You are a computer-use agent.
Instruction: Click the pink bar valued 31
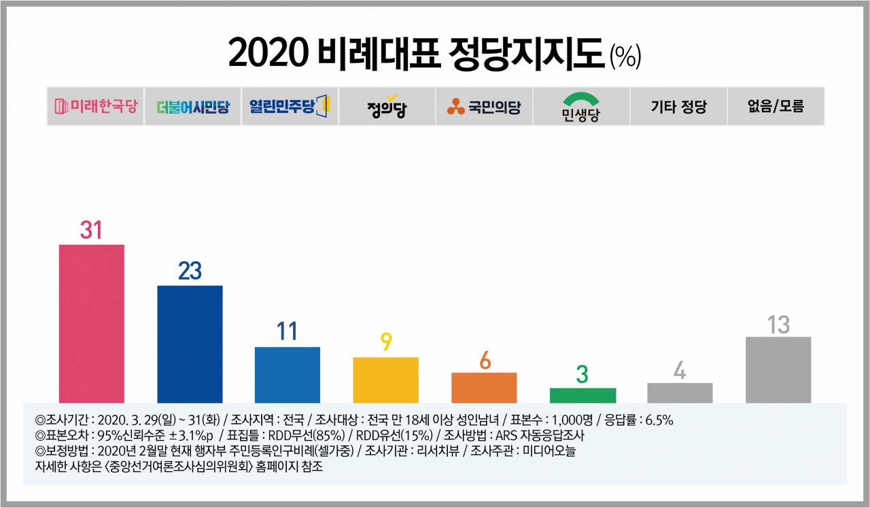pos(92,324)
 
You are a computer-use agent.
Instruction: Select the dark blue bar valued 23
pos(190,344)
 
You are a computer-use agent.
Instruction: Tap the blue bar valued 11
pos(288,375)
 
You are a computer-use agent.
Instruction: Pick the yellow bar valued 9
pos(385,380)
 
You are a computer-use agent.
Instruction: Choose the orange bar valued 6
pos(484,388)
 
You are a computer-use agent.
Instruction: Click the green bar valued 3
pos(582,396)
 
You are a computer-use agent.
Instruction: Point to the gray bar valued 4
pos(680,393)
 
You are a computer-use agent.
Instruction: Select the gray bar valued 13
pos(778,370)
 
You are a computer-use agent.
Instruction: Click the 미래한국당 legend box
pos(96,106)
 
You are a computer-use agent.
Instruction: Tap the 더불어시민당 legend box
pos(192,106)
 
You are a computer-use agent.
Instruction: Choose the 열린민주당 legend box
pos(290,106)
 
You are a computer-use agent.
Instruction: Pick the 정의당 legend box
pos(387,106)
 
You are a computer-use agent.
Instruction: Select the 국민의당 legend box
pos(485,106)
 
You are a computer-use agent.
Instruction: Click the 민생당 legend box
pos(581,106)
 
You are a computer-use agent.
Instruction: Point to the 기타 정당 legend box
pos(678,106)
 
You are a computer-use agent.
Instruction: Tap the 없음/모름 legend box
pos(776,106)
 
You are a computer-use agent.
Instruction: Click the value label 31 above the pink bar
pos(91,230)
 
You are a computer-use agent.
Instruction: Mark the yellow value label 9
pos(386,342)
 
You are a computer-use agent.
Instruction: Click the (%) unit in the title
pos(625,56)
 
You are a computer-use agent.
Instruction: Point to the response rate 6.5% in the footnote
pos(659,420)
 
